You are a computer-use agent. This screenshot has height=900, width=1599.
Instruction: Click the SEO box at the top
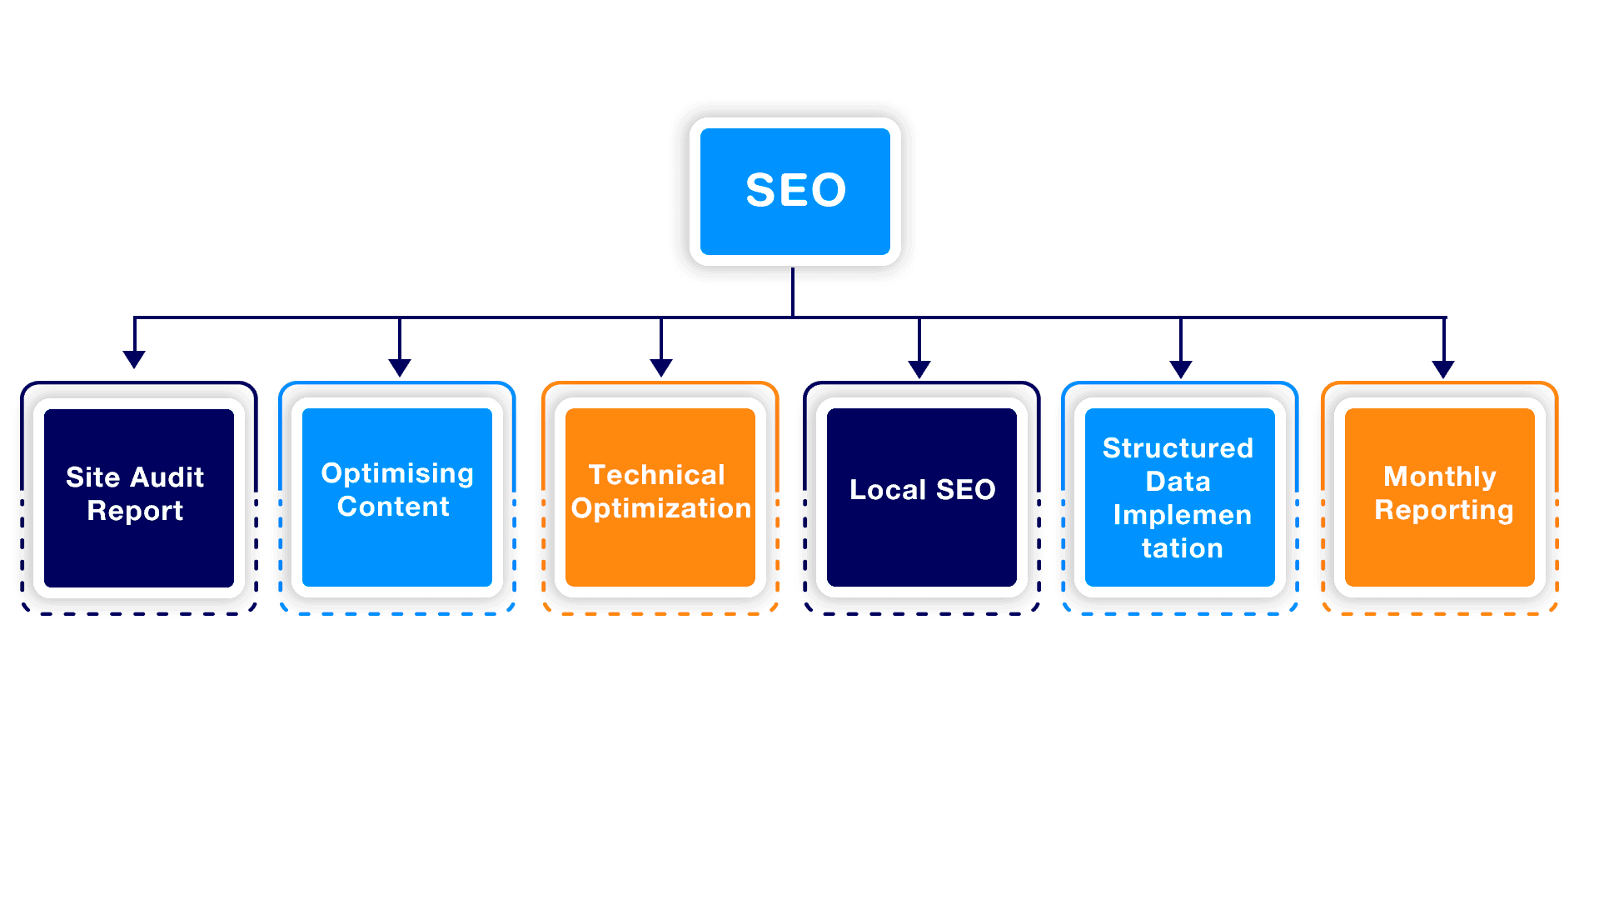[795, 191]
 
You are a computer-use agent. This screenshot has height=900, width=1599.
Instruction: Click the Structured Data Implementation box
[1180, 497]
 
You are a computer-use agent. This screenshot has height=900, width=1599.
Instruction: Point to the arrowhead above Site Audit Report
[134, 359]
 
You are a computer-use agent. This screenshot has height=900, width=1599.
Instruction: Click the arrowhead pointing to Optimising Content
[400, 367]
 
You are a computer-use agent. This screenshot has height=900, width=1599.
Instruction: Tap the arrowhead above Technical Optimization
[661, 367]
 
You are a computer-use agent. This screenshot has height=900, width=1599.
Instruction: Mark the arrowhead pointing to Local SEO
[919, 369]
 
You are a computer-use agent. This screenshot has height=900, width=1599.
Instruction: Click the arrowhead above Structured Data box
[1181, 369]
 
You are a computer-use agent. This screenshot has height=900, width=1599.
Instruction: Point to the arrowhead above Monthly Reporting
[1443, 368]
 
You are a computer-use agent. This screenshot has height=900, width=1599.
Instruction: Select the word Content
[393, 507]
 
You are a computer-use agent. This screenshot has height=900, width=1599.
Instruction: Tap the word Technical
[656, 475]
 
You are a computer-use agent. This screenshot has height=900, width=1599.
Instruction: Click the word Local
[887, 490]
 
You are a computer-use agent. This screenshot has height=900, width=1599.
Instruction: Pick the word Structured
[1178, 448]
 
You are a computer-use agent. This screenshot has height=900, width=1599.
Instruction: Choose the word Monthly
[1439, 477]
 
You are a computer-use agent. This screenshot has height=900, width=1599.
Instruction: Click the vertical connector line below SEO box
[793, 292]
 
